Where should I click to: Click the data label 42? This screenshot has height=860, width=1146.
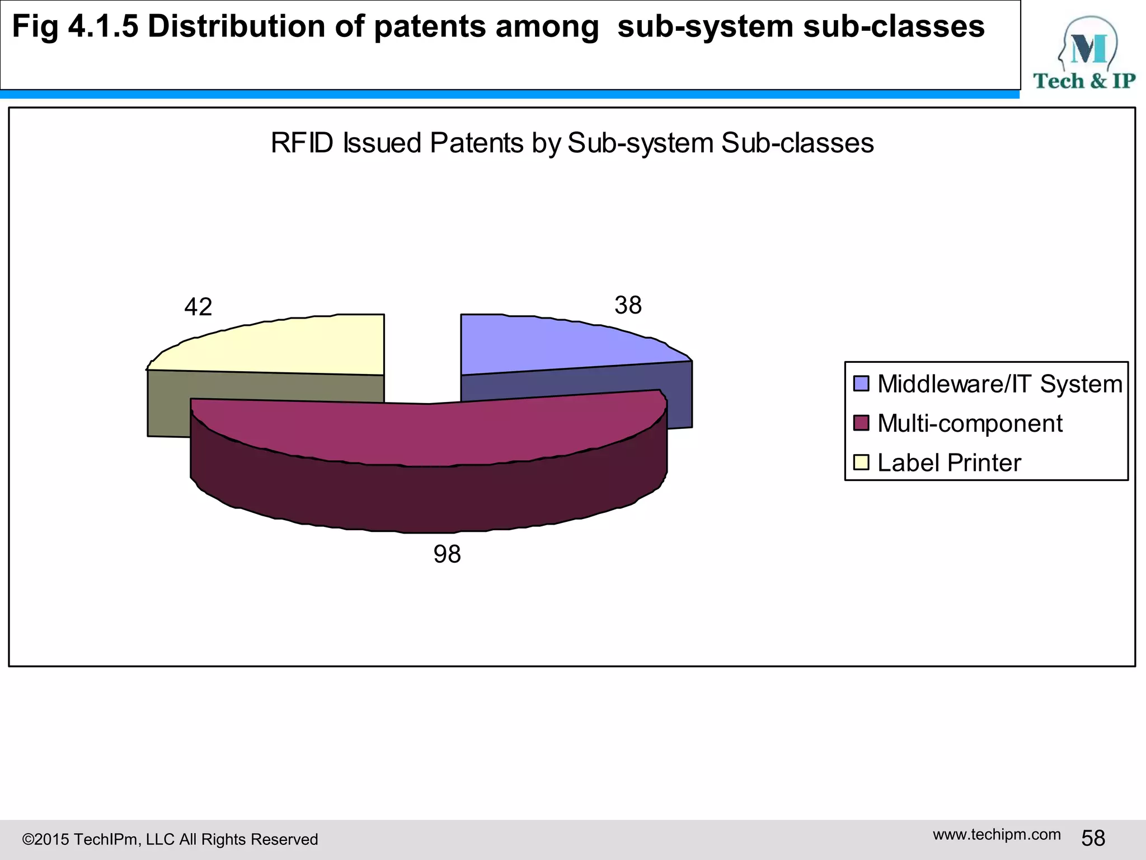click(198, 307)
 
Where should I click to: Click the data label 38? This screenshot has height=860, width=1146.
click(628, 305)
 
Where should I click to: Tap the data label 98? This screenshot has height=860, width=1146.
click(447, 554)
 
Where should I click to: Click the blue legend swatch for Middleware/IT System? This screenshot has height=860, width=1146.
click(861, 384)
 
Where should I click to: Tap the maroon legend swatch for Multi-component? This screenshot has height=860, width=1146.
click(861, 423)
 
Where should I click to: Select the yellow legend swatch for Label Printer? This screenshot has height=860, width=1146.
click(861, 462)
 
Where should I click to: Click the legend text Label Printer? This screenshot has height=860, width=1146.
click(949, 463)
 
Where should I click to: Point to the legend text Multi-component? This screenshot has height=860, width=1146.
click(970, 423)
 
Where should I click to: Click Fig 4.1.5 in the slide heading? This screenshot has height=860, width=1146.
click(74, 27)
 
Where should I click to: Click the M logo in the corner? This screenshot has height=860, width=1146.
click(1088, 48)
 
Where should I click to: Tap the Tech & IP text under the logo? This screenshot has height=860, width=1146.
click(1084, 81)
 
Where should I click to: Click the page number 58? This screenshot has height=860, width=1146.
click(1093, 838)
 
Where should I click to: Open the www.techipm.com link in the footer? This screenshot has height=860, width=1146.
click(997, 834)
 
